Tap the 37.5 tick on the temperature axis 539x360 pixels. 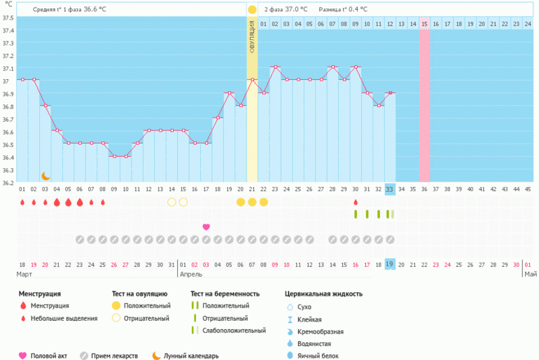(8, 31)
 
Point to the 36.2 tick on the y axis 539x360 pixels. (8, 184)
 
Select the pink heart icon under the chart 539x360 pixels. (206, 227)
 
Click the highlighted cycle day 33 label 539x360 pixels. (390, 189)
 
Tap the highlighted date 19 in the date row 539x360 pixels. (390, 264)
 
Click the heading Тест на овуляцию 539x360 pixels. (139, 294)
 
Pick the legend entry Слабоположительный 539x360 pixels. (231, 331)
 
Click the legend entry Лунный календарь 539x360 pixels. (191, 356)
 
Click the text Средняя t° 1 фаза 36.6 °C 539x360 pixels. (69, 10)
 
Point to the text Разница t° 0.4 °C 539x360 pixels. (343, 10)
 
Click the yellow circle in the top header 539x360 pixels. (252, 10)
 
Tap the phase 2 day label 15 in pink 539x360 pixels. (424, 24)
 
